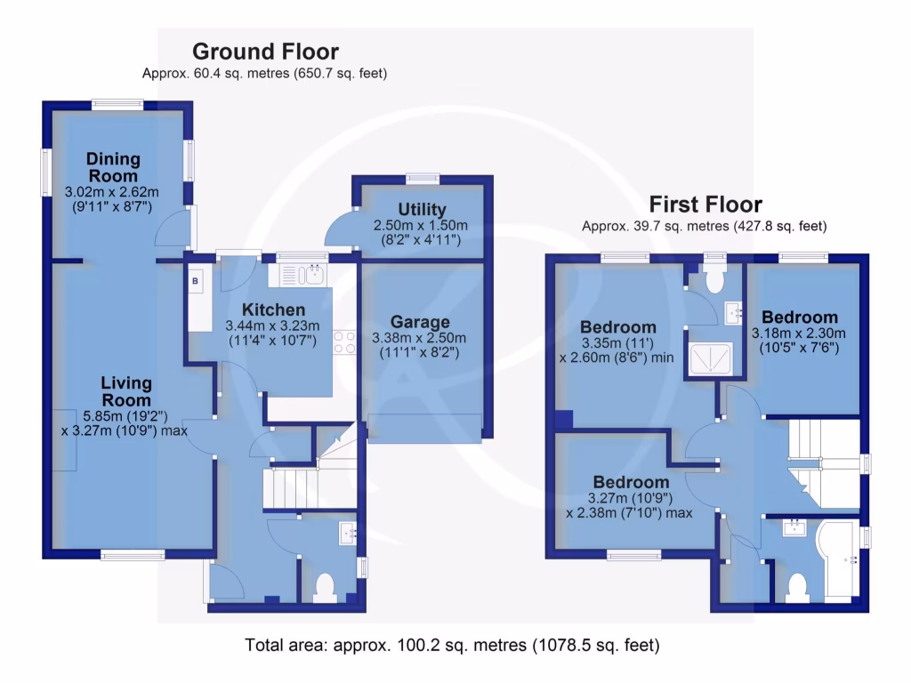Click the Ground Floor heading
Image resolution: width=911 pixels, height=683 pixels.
click(265, 52)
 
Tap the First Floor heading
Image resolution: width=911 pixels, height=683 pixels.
click(705, 204)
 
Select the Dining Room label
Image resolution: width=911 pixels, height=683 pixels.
click(113, 167)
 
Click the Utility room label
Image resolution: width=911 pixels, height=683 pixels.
click(422, 210)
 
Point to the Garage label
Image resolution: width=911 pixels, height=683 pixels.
click(420, 322)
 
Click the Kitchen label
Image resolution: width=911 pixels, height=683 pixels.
click(274, 309)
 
